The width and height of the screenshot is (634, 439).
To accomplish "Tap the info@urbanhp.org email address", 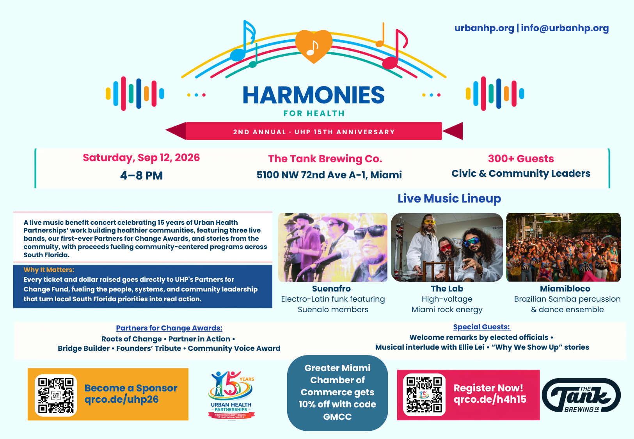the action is point(565,28).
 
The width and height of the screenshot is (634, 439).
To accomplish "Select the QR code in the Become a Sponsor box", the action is point(56,395).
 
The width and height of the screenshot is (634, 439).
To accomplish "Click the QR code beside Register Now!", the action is point(424,395).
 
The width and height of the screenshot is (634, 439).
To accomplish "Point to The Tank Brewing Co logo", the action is point(581,395).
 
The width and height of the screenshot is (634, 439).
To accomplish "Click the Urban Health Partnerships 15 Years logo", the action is point(231,395).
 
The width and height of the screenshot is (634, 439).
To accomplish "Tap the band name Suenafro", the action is point(331,288).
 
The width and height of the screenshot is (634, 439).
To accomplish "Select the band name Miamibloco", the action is point(565,288).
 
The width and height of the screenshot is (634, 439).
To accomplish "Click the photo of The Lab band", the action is point(447,247).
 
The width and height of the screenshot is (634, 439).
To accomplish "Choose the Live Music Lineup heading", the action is point(449,198).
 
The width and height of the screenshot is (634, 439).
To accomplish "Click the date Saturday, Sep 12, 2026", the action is point(141,158).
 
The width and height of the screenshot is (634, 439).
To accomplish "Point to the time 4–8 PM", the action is point(142,176).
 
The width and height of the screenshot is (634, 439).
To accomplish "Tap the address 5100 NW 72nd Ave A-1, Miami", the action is point(329,175).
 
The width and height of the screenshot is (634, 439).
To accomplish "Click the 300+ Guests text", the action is point(521,158).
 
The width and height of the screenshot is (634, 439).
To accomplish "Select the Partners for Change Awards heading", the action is point(169,328).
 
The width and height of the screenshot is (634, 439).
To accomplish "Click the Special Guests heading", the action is point(482,327).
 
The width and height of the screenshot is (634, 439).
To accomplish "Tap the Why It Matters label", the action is point(49,270).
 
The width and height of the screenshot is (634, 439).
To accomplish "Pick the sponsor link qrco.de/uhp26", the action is point(121,399).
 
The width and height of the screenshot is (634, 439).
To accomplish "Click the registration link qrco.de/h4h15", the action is point(490,399).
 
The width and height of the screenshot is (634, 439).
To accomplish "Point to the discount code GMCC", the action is point(337,417).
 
